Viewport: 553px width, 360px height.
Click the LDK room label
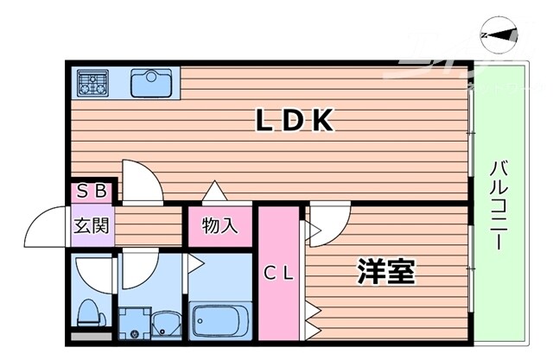[295, 123]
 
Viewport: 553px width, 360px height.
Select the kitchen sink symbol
[150, 82]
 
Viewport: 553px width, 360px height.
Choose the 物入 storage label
[219, 226]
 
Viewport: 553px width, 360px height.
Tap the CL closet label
[279, 275]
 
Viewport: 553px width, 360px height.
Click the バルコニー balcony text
[499, 205]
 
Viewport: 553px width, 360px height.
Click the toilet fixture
[89, 311]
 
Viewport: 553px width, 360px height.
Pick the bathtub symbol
[219, 322]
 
